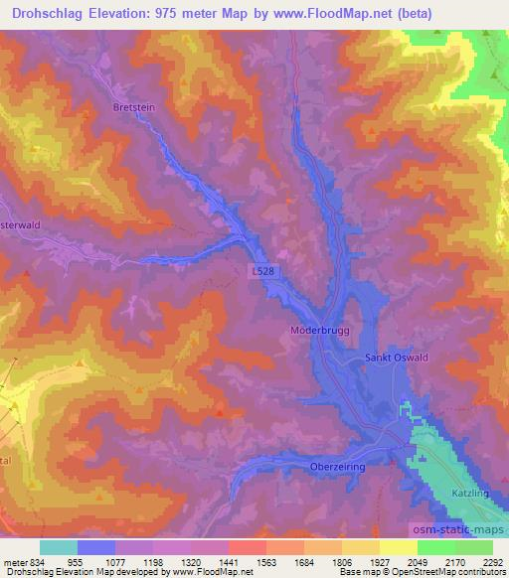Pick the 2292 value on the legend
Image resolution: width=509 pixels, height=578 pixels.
[x=492, y=561]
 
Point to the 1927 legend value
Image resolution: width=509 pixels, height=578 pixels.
[x=380, y=561]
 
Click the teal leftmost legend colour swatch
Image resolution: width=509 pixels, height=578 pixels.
[x=59, y=547]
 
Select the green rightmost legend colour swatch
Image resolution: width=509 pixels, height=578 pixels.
[x=474, y=547]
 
